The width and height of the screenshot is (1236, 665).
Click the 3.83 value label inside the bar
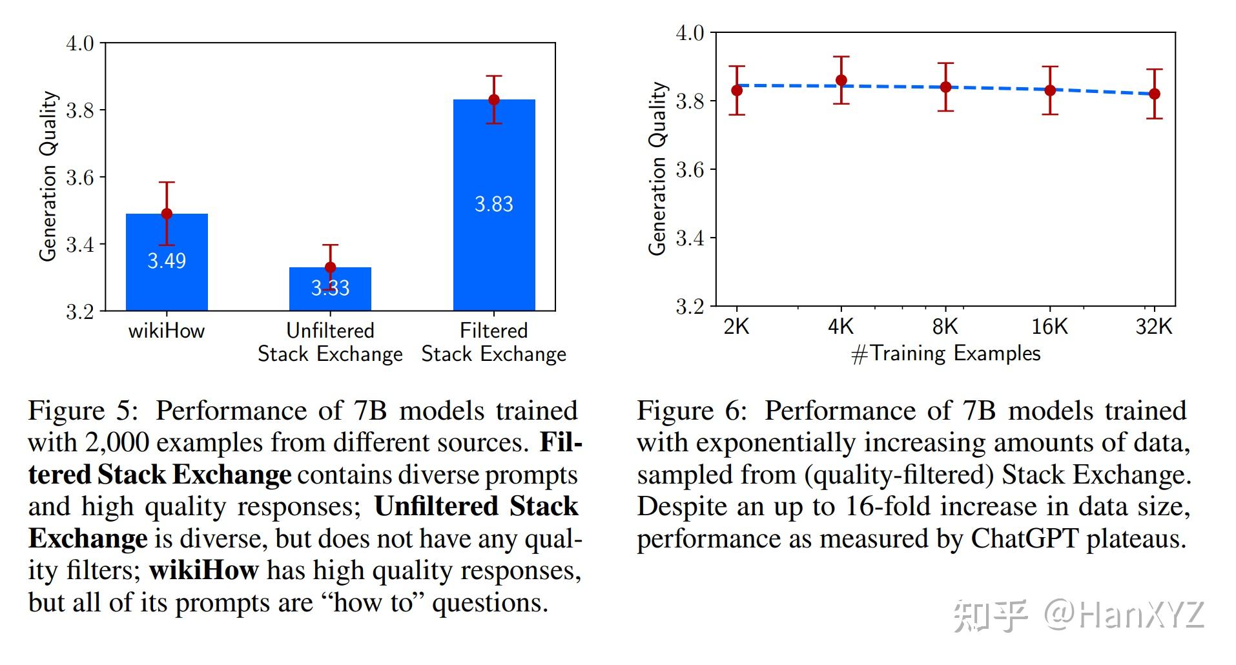(494, 204)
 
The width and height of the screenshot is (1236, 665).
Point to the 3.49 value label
(167, 261)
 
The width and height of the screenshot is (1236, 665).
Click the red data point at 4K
(841, 81)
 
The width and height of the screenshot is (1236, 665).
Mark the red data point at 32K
(1155, 94)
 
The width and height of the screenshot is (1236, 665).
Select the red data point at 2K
(736, 90)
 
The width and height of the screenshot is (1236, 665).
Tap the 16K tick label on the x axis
(1049, 327)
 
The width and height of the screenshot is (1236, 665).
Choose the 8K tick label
(945, 327)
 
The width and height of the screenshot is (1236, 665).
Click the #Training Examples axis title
(945, 354)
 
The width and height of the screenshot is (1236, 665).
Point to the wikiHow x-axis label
(167, 331)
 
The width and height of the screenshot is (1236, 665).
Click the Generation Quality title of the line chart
(657, 168)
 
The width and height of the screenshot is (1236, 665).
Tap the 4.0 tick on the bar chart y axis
(80, 44)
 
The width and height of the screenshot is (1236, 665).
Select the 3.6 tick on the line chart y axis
(690, 170)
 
